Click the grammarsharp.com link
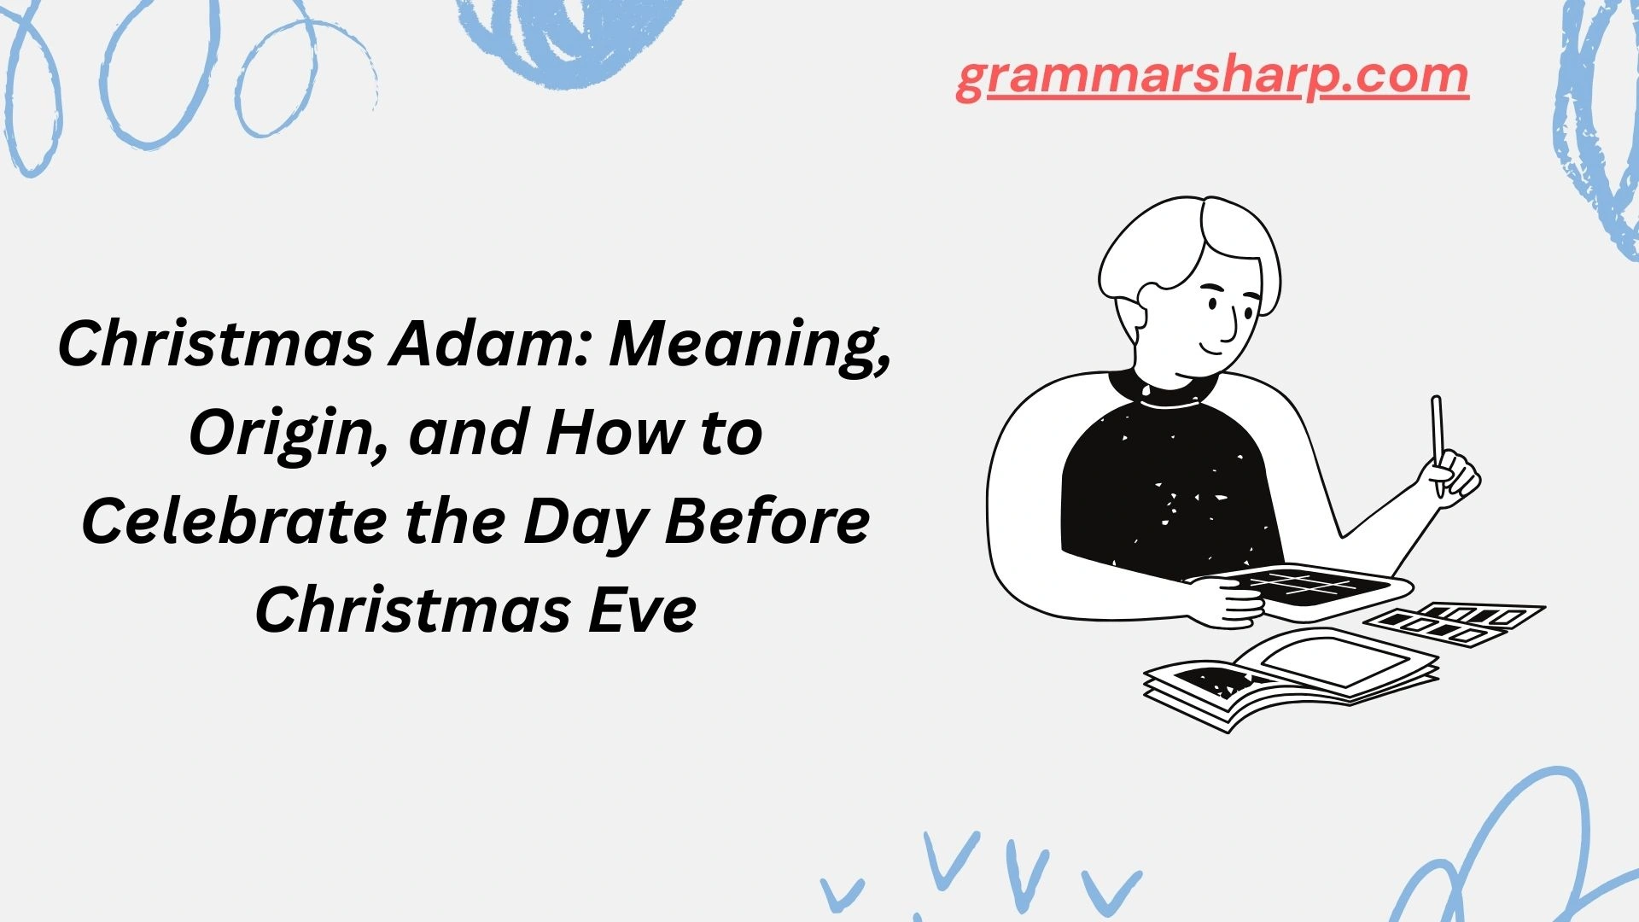pyautogui.click(x=1212, y=77)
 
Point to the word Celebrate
pyautogui.click(x=233, y=521)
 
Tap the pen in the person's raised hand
pyautogui.click(x=1438, y=435)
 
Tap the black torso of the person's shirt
pyautogui.click(x=1169, y=487)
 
